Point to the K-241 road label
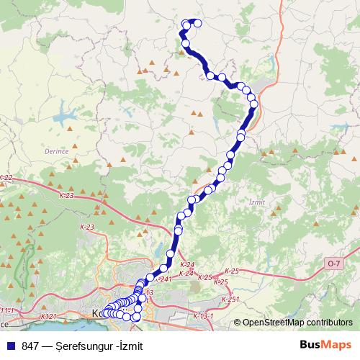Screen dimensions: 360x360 (163, 279)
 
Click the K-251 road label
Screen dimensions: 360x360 (230, 299)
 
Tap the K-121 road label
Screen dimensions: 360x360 (49, 315)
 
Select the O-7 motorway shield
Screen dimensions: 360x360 (332, 264)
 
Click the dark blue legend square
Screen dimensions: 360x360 (9, 345)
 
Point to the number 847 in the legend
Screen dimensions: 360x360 (30, 345)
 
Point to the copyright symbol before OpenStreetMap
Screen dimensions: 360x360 (238, 323)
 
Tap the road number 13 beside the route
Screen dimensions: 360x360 (149, 292)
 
